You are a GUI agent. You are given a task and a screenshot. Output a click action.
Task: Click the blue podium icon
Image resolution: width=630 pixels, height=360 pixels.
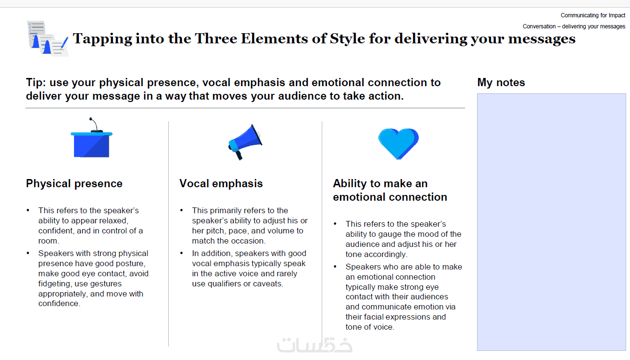91,138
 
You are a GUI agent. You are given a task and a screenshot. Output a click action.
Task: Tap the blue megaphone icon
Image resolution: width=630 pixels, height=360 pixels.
245,142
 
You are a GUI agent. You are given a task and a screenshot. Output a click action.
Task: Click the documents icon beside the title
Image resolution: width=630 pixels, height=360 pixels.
48,39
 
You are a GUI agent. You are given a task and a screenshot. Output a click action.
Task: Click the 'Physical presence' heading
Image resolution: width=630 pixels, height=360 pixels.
74,183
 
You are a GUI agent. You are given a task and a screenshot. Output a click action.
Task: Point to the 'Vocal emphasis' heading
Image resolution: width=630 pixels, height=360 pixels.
221,183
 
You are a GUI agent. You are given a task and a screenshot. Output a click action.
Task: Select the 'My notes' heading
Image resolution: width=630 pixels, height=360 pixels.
501,82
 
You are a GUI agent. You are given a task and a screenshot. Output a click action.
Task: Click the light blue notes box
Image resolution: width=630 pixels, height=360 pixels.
551,222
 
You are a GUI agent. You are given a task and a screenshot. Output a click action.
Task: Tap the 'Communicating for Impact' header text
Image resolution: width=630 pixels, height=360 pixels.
593,15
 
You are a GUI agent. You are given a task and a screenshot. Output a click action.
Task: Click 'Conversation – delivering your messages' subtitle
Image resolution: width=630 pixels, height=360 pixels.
574,26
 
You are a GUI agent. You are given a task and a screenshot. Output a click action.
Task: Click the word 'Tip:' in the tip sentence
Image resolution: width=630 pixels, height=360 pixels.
36,82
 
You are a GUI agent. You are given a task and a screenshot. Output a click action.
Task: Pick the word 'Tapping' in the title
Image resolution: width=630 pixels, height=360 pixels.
102,39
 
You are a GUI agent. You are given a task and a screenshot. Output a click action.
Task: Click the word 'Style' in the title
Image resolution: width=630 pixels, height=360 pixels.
347,39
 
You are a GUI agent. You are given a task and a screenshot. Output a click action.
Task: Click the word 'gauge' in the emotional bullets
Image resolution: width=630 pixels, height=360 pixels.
390,234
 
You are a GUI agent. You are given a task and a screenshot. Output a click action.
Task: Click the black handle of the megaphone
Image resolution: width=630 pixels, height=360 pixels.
239,155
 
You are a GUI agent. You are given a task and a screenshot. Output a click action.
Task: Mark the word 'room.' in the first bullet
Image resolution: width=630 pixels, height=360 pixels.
49,241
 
